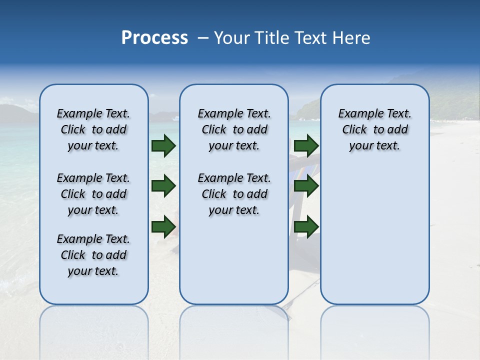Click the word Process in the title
click(154, 38)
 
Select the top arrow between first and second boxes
click(163, 145)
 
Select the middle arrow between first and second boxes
click(163, 186)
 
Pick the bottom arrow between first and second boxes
click(163, 226)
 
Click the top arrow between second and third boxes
click(306, 145)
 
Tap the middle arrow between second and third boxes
click(306, 186)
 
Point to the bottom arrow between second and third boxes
click(306, 226)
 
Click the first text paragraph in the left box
click(93, 129)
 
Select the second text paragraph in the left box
click(93, 194)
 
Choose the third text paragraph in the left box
click(93, 255)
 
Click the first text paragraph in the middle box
click(234, 129)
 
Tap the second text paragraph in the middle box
click(234, 194)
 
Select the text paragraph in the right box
click(374, 129)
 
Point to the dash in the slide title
click(202, 38)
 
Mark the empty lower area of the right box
click(374, 235)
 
